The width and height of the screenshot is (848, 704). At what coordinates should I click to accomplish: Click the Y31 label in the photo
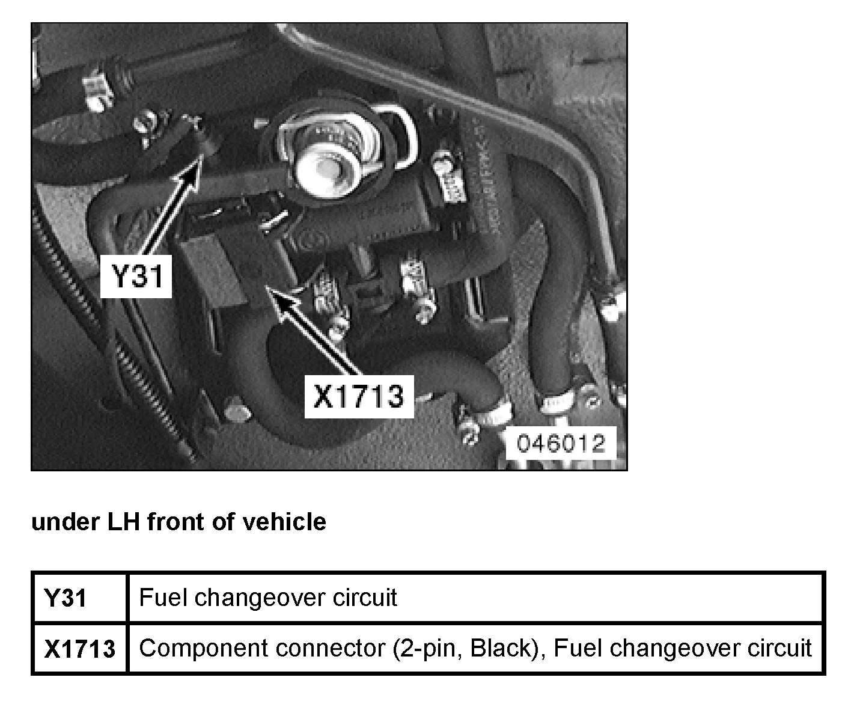[x=136, y=277]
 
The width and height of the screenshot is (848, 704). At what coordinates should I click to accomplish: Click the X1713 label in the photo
[x=359, y=397]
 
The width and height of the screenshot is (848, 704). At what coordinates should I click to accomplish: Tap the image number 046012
[x=561, y=444]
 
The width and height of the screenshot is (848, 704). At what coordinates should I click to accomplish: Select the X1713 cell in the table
[x=79, y=649]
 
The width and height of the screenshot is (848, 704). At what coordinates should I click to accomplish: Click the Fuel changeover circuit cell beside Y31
[x=267, y=598]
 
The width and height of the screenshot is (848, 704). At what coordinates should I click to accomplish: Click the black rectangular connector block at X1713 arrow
[x=231, y=253]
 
